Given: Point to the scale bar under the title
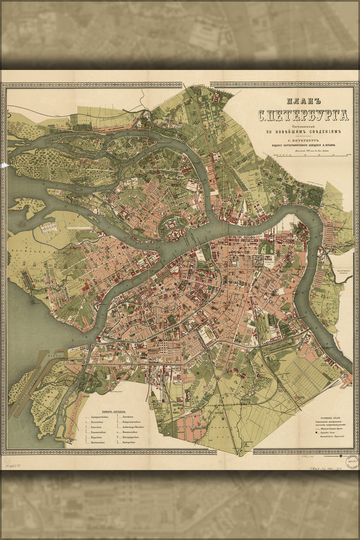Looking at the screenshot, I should [308, 155].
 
